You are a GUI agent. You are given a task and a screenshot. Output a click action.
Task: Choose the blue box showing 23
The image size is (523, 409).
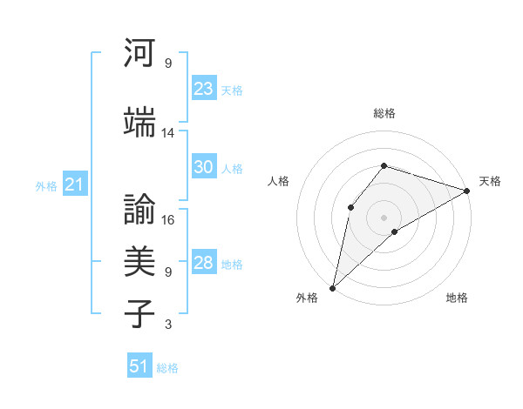204,89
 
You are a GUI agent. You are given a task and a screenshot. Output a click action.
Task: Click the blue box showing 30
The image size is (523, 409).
204,168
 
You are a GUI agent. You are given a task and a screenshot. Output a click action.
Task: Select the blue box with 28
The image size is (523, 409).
204,264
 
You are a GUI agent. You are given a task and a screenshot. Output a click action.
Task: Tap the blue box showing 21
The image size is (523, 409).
74,184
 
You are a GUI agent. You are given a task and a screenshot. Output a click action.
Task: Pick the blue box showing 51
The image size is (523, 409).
139,367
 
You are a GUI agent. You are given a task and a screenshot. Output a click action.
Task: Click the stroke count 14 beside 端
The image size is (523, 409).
168,133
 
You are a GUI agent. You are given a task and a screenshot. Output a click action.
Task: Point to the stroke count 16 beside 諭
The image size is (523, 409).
168,221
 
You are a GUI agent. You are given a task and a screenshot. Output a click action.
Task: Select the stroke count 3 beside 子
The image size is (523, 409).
168,325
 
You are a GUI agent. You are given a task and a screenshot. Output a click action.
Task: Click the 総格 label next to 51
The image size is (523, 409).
167,368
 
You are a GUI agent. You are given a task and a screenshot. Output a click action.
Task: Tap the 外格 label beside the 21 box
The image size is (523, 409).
46,185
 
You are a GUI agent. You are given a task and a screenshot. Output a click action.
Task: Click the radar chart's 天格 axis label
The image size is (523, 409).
490,181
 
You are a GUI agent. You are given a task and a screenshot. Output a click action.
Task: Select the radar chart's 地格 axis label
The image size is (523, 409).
457,298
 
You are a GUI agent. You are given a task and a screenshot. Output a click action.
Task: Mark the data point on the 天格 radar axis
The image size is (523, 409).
467,191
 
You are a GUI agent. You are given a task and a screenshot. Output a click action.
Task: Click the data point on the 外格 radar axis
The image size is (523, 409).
332,287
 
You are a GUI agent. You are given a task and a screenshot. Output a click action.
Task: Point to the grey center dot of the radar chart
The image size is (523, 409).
384,217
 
